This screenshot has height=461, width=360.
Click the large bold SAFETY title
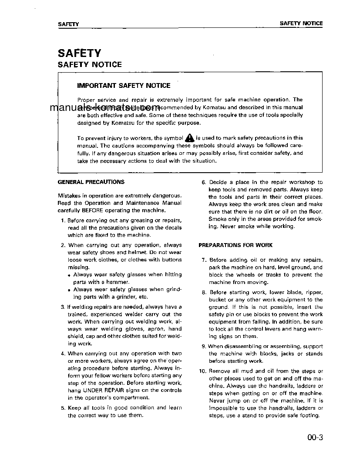pos(79,53)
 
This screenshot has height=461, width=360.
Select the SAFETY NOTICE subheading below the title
pos(90,64)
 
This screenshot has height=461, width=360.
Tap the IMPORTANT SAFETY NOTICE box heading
pos(124,86)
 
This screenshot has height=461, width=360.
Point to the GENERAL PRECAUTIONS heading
pos(91,182)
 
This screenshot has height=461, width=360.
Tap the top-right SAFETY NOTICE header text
pos(301,23)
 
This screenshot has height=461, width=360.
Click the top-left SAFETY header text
pos(68,24)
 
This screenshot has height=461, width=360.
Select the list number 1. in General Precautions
pos(64,220)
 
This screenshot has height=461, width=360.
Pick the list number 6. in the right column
pos(204,183)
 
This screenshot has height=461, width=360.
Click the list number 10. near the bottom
pos(202,371)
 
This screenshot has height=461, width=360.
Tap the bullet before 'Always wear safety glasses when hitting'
pos(70,275)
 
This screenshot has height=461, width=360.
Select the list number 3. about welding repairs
pos(63,307)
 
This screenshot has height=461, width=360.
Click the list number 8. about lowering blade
pos(204,293)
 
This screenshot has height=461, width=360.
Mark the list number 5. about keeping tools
pos(63,408)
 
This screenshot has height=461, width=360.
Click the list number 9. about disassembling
pos(204,347)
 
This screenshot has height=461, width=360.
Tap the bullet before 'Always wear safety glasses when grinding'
pos(70,290)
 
